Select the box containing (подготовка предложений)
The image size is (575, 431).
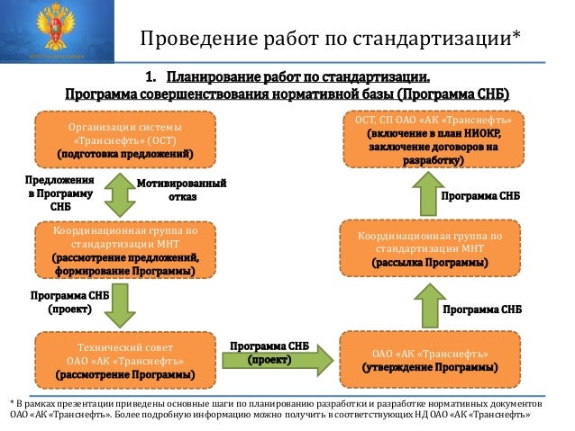coord(125,139)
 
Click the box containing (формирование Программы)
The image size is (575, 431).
coord(124,251)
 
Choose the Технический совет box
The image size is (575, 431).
coord(125,358)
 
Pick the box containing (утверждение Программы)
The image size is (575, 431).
coord(429,358)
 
